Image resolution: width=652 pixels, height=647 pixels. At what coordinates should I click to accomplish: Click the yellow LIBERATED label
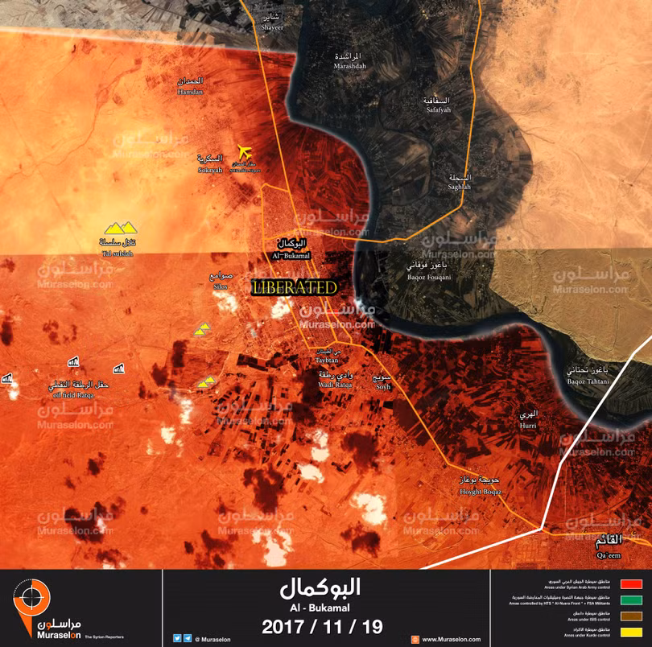click(x=293, y=287)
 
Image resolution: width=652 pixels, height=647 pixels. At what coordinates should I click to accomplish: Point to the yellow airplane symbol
click(x=244, y=152)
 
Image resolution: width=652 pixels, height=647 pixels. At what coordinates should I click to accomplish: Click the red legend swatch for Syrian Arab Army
click(x=631, y=584)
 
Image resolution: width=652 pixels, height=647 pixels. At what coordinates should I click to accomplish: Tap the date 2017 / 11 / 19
click(x=322, y=625)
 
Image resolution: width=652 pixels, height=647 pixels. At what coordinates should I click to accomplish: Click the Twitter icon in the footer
click(x=177, y=638)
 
